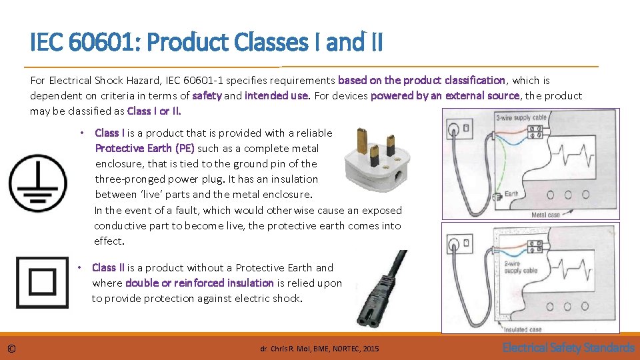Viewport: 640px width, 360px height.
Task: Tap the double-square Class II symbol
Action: pyautogui.click(x=42, y=282)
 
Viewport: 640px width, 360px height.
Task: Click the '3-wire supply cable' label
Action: pyautogui.click(x=522, y=118)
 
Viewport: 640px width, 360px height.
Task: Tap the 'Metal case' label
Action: pyautogui.click(x=545, y=215)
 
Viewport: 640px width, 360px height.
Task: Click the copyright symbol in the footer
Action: pyautogui.click(x=11, y=349)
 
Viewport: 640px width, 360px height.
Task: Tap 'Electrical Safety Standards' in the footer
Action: pyautogui.click(x=568, y=347)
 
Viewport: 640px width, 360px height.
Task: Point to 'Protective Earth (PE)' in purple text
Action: pyautogui.click(x=145, y=148)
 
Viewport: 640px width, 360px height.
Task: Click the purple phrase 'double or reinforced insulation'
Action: pyautogui.click(x=199, y=283)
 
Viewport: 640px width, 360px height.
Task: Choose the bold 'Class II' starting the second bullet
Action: pyautogui.click(x=108, y=267)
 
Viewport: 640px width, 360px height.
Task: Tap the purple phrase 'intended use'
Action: pyautogui.click(x=276, y=95)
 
